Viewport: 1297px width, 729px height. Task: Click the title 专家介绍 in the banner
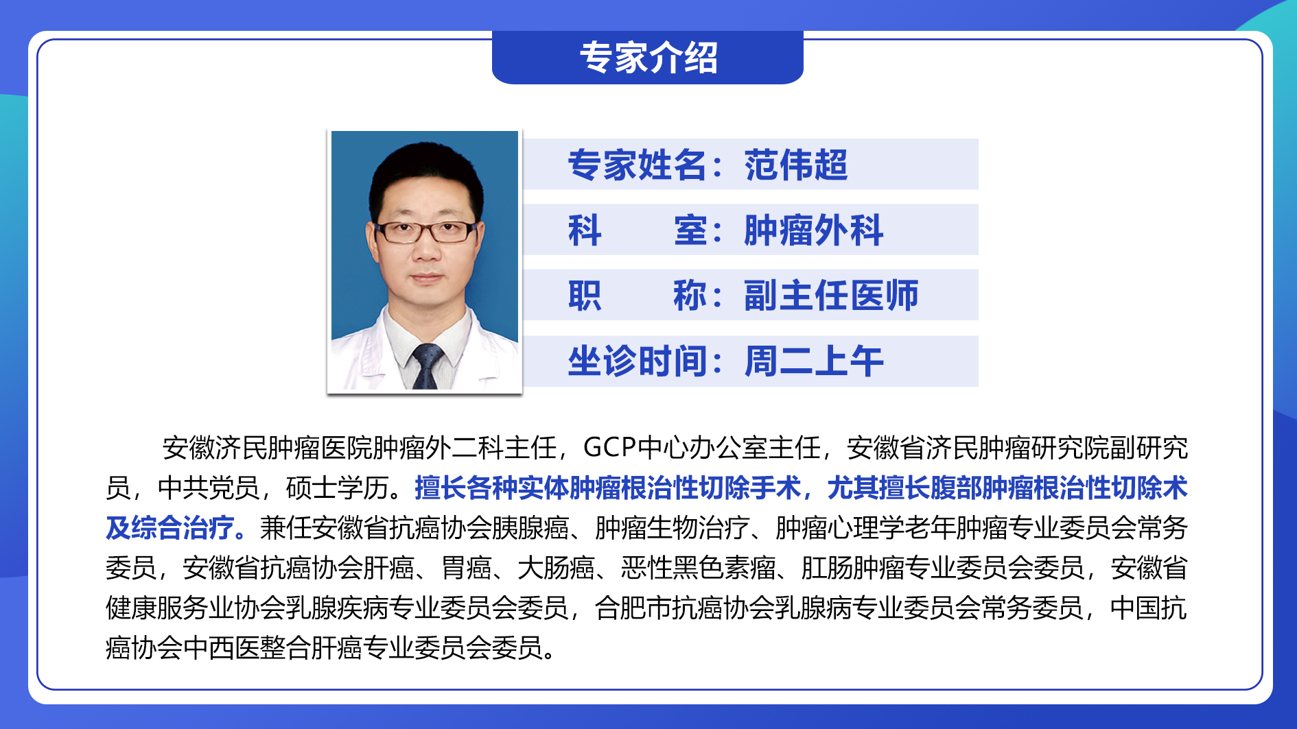648,58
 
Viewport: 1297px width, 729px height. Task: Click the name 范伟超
796,165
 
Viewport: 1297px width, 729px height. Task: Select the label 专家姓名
637,165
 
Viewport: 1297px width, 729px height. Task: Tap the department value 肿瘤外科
814,230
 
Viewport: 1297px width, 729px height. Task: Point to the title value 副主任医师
831,296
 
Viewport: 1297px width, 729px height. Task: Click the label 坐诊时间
637,361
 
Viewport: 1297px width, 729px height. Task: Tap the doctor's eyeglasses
426,232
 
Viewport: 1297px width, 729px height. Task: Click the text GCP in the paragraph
610,448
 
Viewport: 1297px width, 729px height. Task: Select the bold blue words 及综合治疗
170,528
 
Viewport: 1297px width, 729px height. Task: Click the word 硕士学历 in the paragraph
337,488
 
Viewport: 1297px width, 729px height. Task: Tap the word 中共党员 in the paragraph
209,488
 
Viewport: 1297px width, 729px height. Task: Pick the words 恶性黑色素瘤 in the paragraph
698,568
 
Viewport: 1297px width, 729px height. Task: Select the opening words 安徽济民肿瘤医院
265,448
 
